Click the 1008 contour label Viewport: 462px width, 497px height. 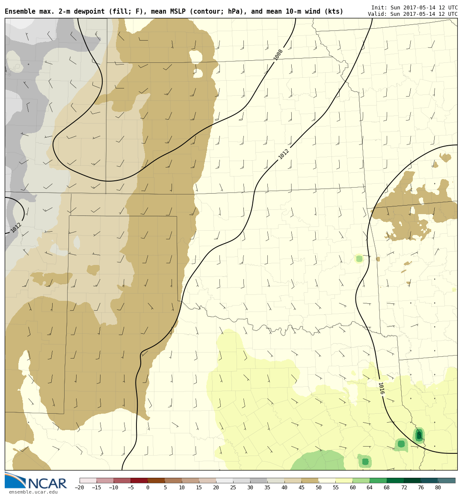[x=278, y=55]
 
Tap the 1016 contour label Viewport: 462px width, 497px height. [x=381, y=388]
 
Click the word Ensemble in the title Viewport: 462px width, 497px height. [x=19, y=12]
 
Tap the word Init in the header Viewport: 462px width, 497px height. [x=378, y=8]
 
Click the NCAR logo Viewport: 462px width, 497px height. [x=36, y=481]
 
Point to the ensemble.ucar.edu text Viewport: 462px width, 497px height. [x=33, y=492]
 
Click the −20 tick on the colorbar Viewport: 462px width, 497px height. [x=80, y=488]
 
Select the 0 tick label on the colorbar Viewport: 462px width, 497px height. [x=148, y=488]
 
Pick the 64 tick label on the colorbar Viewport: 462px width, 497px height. [x=370, y=488]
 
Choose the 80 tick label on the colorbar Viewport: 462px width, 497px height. [x=438, y=488]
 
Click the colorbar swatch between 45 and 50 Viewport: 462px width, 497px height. [x=310, y=480]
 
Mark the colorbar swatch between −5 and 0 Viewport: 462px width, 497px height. [x=139, y=480]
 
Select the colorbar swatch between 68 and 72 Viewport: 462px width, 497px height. [x=395, y=480]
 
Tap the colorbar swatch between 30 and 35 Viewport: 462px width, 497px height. [x=258, y=480]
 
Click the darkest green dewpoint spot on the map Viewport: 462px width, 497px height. [x=419, y=435]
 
